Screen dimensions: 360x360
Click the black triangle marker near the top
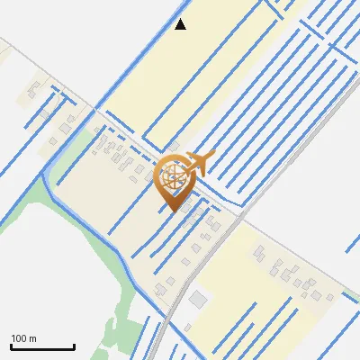coord(181,24)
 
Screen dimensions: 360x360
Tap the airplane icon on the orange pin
coord(195,164)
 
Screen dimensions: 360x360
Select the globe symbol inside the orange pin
coord(171,176)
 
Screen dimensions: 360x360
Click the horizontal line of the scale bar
coord(42,347)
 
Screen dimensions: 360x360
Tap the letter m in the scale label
coord(33,338)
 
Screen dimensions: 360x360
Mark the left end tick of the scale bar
coord(11,346)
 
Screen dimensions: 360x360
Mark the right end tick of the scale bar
coord(74,346)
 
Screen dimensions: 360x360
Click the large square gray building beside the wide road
coord(198,298)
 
